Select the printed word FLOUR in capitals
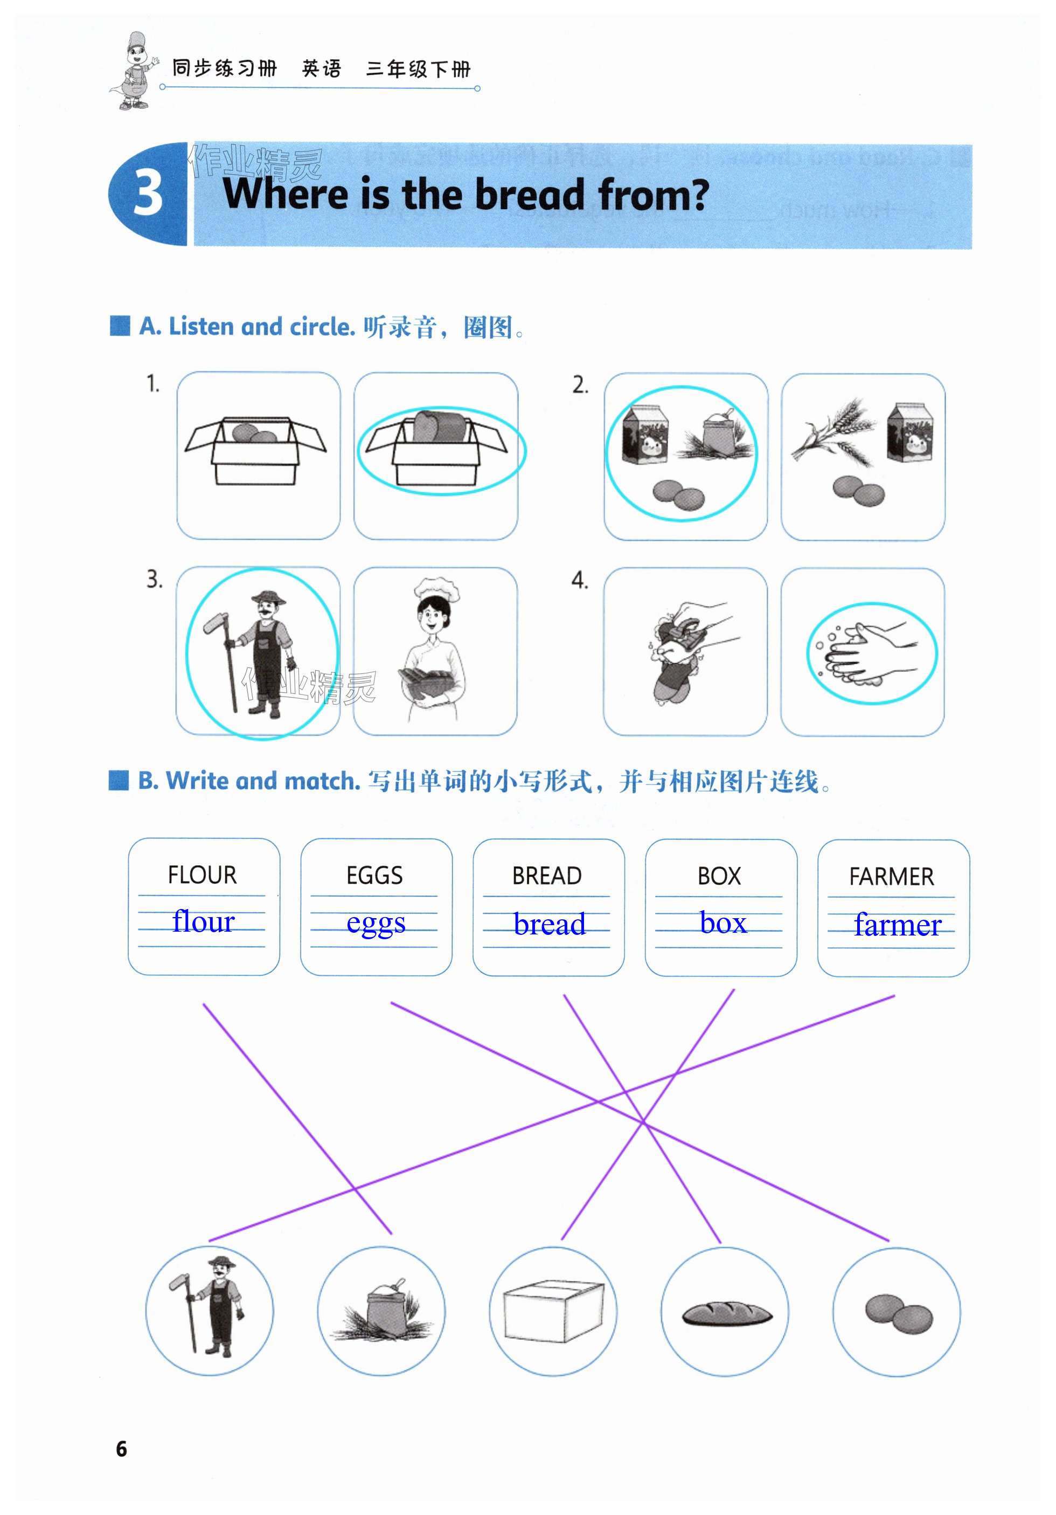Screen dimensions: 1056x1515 (202, 875)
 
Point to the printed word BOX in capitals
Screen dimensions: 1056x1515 (719, 876)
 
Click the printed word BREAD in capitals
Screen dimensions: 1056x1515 (547, 876)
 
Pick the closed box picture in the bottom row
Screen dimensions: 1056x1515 (553, 1311)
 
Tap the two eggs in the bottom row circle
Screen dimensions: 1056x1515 (898, 1314)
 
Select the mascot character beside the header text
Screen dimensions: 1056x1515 (134, 71)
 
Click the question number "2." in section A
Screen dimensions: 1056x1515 (580, 385)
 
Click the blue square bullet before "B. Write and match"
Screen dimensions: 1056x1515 (119, 781)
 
